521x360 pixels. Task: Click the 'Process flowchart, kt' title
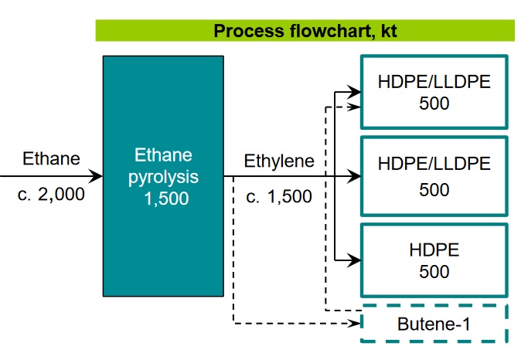tap(305, 31)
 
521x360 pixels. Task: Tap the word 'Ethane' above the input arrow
tap(51, 158)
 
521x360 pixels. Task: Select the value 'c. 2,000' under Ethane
tap(51, 194)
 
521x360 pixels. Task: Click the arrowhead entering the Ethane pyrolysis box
tap(96, 176)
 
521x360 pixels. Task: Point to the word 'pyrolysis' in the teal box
tap(163, 177)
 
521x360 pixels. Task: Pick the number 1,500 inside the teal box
tap(166, 199)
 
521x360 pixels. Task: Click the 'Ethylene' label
tap(279, 161)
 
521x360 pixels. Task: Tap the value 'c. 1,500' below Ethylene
tap(279, 196)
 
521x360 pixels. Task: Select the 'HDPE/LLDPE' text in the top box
tap(434, 82)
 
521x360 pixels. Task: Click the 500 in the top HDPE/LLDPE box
tap(434, 104)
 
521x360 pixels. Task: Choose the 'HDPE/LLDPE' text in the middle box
tap(434, 164)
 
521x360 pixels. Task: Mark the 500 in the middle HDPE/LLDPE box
tap(434, 190)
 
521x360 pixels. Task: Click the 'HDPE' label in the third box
tap(434, 250)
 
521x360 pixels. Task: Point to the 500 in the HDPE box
tap(434, 272)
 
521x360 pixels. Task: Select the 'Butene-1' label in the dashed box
tap(434, 324)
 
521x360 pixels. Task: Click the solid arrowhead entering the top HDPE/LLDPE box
tap(354, 91)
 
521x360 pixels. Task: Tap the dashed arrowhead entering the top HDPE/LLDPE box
tap(354, 107)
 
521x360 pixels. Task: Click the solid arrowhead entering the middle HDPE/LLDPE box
tap(354, 176)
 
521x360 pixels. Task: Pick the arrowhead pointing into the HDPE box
tap(354, 260)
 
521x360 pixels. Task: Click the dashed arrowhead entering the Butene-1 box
tap(354, 323)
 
